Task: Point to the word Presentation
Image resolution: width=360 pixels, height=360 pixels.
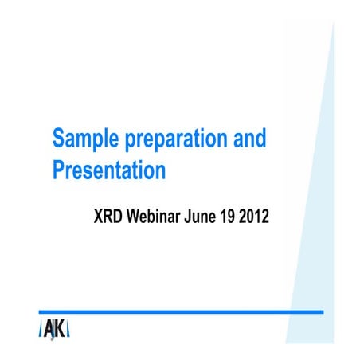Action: click(108, 170)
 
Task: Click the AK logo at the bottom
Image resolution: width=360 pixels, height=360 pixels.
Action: click(55, 329)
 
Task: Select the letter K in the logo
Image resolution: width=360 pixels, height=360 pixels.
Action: click(61, 329)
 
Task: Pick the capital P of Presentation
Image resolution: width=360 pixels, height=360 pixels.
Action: click(58, 170)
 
